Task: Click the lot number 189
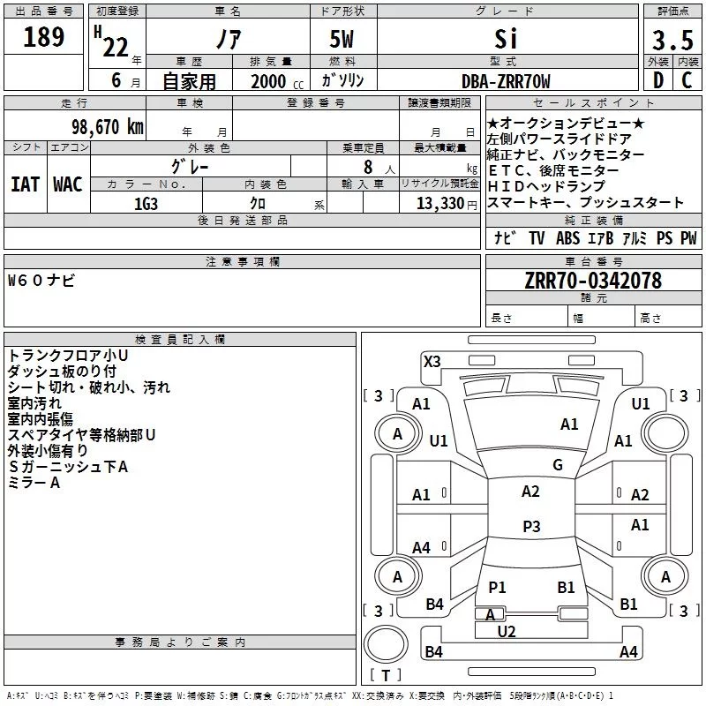pos(44,37)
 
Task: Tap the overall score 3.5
pos(672,40)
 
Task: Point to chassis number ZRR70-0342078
pos(593,281)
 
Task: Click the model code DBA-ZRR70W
pos(506,82)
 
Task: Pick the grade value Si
pos(506,40)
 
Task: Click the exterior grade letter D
pos(657,81)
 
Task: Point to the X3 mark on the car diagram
pos(432,361)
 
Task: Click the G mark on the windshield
pos(557,465)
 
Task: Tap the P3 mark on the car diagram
pos(531,527)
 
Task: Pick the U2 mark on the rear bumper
pos(507,631)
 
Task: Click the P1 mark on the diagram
pos(497,588)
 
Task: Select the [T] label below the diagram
pos(387,675)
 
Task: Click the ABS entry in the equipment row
pos(567,238)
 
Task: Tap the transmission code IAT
pos(26,184)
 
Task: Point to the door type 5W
pos(343,40)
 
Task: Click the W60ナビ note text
pos(41,281)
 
